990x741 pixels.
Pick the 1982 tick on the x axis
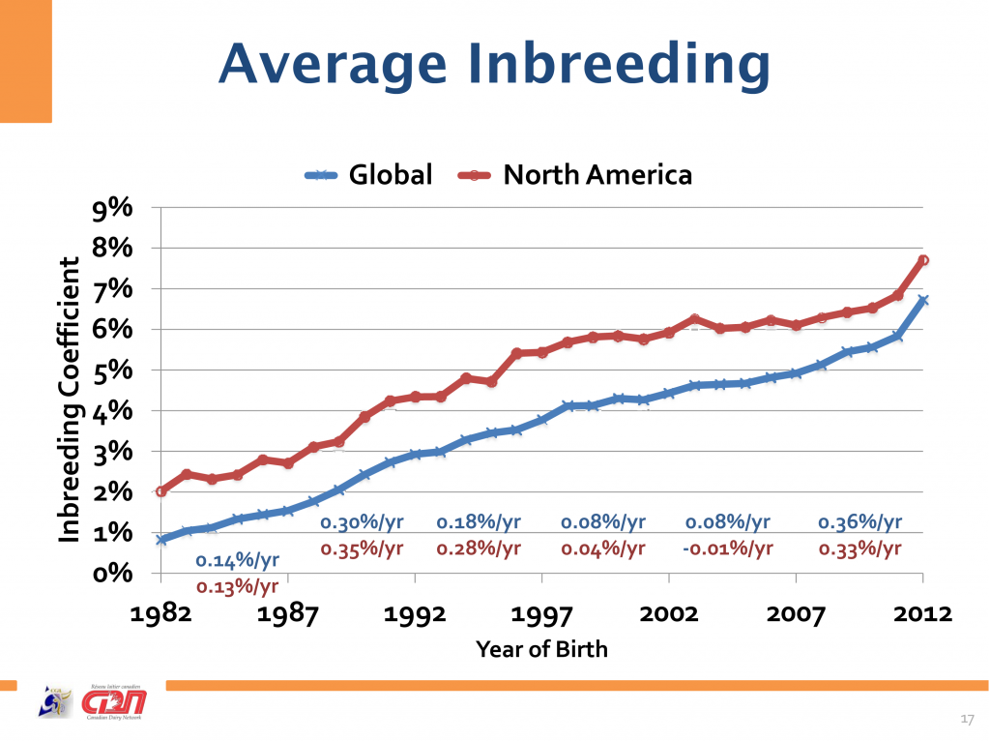tap(161, 613)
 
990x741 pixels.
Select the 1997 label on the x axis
tap(542, 613)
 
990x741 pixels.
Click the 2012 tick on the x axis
tap(922, 613)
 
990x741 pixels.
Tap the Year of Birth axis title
tap(541, 648)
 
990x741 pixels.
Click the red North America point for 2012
tap(923, 260)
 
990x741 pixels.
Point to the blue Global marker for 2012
tap(923, 301)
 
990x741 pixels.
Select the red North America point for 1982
tap(161, 491)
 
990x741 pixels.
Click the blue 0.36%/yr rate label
tap(859, 522)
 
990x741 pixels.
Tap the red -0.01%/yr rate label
tap(729, 549)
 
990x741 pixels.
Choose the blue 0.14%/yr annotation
tap(238, 560)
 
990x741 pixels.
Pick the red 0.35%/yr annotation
tap(362, 549)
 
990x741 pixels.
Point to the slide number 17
tap(966, 718)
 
